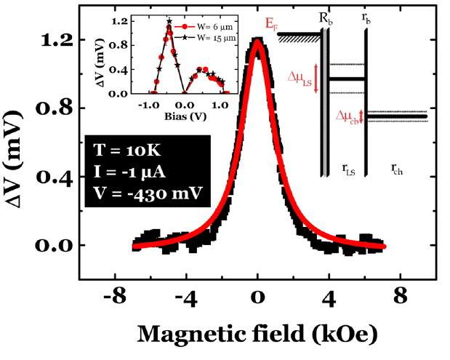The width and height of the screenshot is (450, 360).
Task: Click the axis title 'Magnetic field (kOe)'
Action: (258, 335)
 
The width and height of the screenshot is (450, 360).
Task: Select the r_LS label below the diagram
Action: (350, 169)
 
